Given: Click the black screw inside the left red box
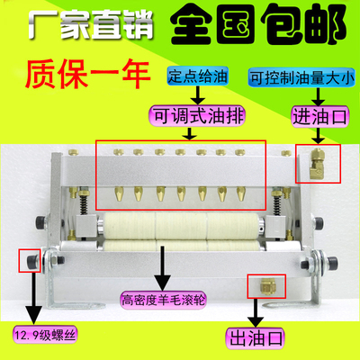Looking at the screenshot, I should (31, 262).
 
